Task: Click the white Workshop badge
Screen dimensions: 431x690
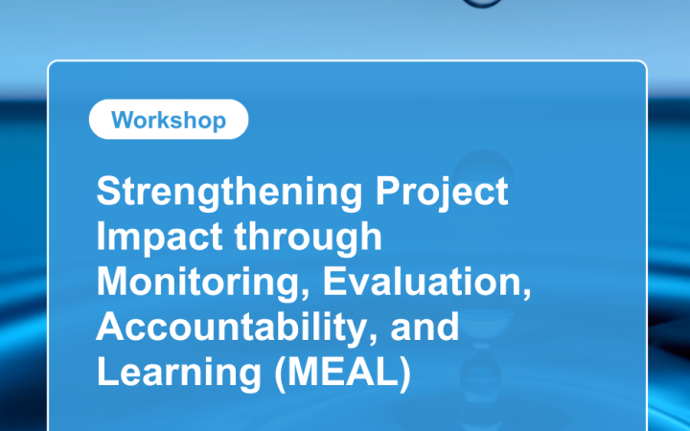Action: pyautogui.click(x=168, y=120)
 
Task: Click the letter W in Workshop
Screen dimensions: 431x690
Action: pyautogui.click(x=121, y=120)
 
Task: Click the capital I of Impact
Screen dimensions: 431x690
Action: pyautogui.click(x=102, y=238)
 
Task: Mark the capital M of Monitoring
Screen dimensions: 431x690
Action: pyautogui.click(x=112, y=283)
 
